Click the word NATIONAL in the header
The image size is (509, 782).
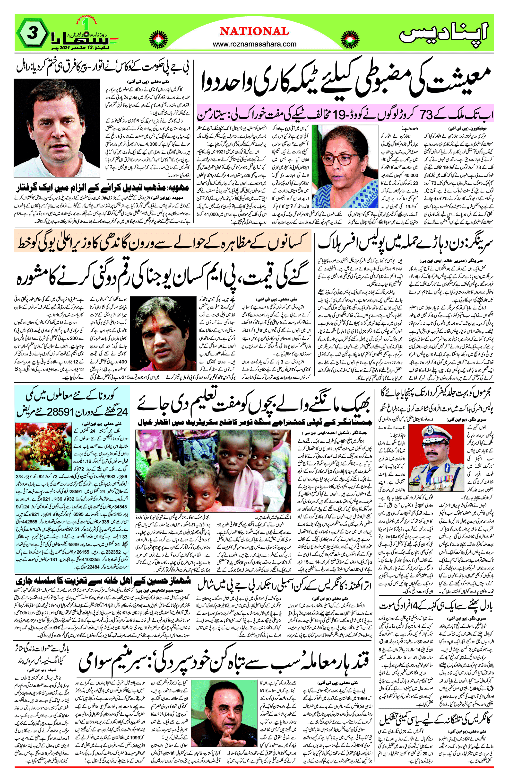255,32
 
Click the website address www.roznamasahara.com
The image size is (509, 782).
255,44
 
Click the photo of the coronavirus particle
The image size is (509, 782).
43,446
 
